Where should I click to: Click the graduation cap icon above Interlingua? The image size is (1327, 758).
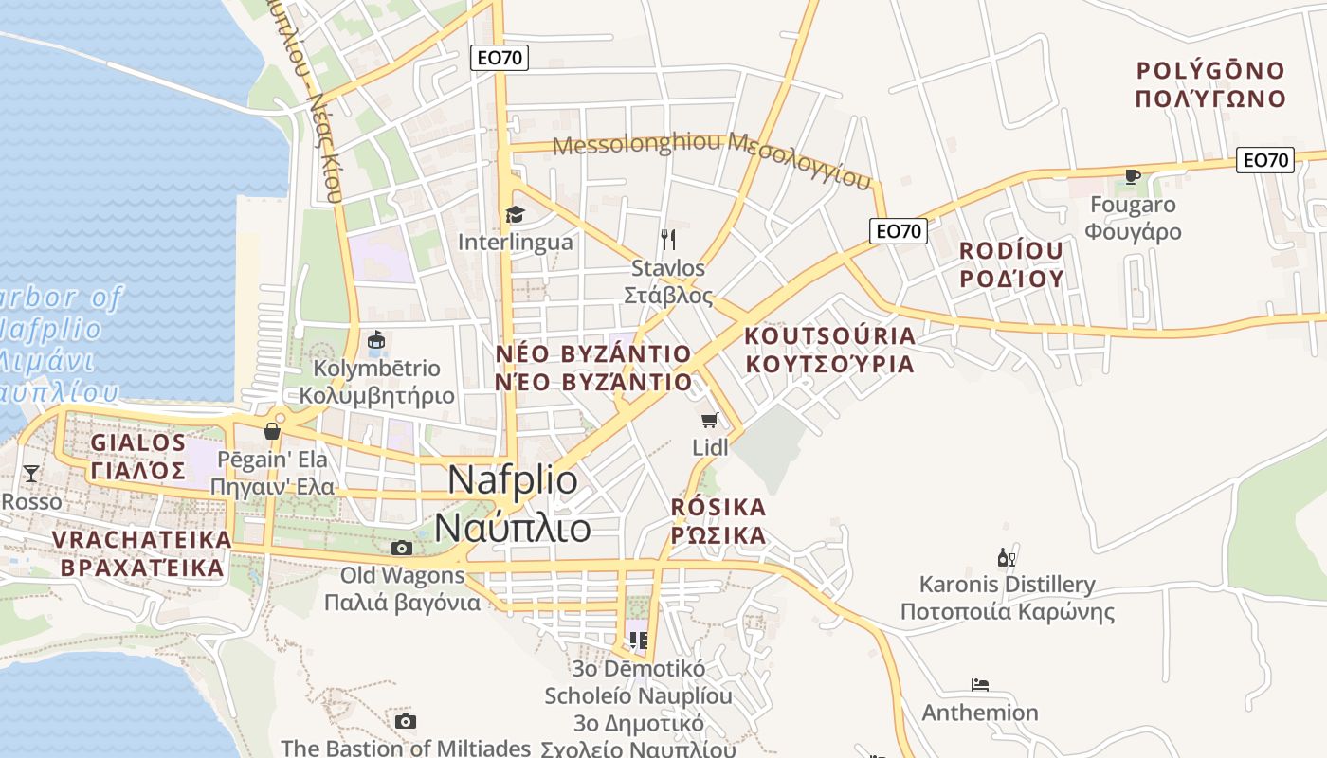[x=515, y=215]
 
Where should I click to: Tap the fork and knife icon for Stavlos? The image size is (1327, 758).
[x=668, y=239]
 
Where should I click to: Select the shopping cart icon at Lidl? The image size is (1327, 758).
[x=709, y=421]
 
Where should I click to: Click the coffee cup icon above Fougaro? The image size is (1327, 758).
[x=1132, y=176]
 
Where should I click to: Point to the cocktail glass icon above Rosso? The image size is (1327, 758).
[x=31, y=473]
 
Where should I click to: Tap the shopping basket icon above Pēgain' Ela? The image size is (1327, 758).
[x=272, y=431]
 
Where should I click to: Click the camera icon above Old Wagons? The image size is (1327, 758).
[x=402, y=548]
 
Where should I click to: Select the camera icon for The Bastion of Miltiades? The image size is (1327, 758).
[x=406, y=722]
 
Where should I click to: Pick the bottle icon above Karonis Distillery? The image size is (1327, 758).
[x=1007, y=557]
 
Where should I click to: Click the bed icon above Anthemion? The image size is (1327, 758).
[x=980, y=685]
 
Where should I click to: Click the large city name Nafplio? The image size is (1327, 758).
[x=513, y=479]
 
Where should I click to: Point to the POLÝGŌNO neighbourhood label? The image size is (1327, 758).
[x=1210, y=71]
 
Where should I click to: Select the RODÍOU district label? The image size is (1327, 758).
[x=1011, y=251]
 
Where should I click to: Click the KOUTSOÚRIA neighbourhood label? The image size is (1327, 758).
[x=830, y=336]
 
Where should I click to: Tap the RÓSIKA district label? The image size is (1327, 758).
[x=718, y=508]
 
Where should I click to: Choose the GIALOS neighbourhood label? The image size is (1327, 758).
[x=138, y=442]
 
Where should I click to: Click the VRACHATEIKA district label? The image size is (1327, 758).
[x=142, y=540]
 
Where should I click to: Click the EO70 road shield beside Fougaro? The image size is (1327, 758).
[x=1265, y=160]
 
